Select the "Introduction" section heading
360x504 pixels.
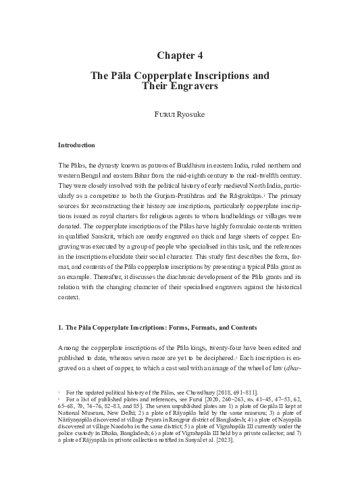76,145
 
